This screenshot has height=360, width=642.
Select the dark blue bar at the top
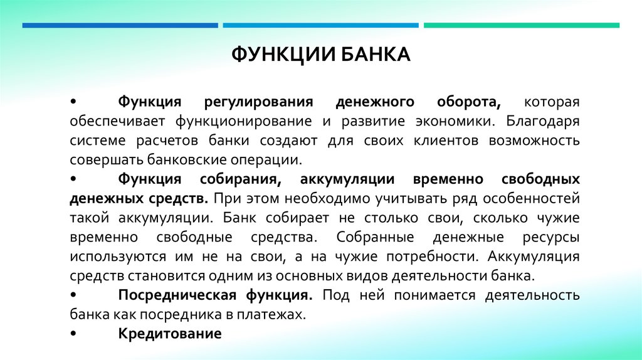(x=120, y=25)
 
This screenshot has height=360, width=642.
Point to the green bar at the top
(x=521, y=25)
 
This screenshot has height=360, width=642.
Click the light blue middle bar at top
(x=320, y=25)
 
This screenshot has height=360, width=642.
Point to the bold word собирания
(x=241, y=179)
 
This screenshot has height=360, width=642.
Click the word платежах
(x=280, y=314)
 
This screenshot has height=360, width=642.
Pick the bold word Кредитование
(x=170, y=334)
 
